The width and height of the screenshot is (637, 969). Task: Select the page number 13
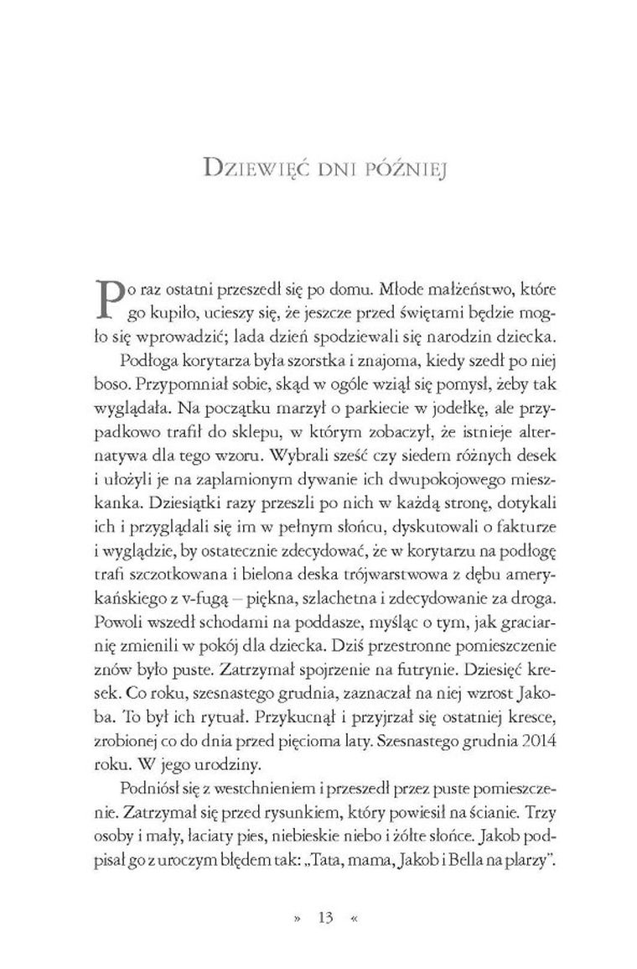tap(325, 918)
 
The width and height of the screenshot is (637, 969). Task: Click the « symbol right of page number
tap(355, 918)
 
